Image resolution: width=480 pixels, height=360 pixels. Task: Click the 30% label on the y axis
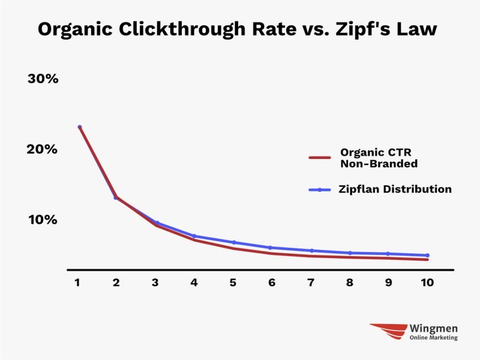click(43, 79)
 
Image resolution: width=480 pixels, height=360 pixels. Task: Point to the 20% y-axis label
click(42, 149)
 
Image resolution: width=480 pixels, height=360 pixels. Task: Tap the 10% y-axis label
click(43, 220)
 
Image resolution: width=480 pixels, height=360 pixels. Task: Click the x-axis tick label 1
click(77, 282)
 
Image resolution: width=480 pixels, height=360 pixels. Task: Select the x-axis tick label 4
click(194, 282)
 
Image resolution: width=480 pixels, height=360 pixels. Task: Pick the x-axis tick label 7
click(311, 282)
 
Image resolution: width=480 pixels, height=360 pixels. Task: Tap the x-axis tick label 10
click(427, 282)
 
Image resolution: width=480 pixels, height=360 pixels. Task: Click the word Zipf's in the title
click(362, 29)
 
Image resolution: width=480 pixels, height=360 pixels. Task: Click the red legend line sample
click(320, 158)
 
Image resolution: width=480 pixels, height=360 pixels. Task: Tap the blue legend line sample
click(320, 190)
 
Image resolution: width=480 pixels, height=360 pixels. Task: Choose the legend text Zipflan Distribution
click(395, 189)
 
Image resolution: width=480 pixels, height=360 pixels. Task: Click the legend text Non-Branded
click(379, 163)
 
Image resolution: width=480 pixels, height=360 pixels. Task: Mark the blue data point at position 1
click(80, 127)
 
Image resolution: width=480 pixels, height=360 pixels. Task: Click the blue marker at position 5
click(234, 242)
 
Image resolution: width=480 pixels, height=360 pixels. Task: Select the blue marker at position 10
click(427, 256)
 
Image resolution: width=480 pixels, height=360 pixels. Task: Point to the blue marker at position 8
click(350, 253)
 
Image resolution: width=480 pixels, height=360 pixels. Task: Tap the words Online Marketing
click(433, 338)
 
